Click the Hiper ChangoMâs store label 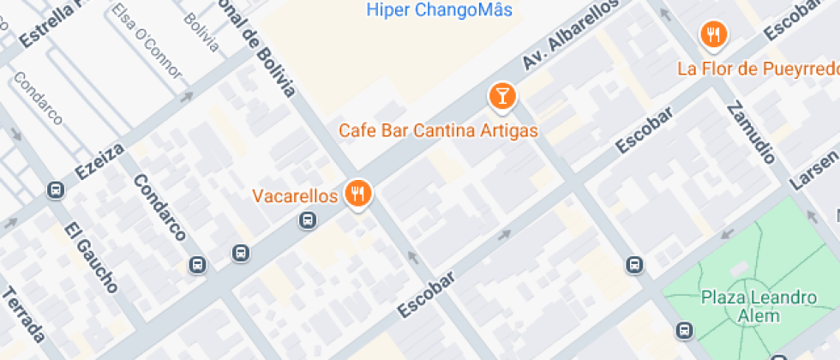(x=439, y=10)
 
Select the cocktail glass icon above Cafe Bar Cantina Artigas (x=502, y=96)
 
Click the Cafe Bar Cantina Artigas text (x=438, y=131)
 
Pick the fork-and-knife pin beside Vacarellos (x=357, y=194)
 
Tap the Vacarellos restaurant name (x=295, y=196)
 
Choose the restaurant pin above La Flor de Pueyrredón (x=713, y=35)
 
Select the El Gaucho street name (x=90, y=257)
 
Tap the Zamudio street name (x=751, y=133)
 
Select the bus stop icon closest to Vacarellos (x=307, y=221)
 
